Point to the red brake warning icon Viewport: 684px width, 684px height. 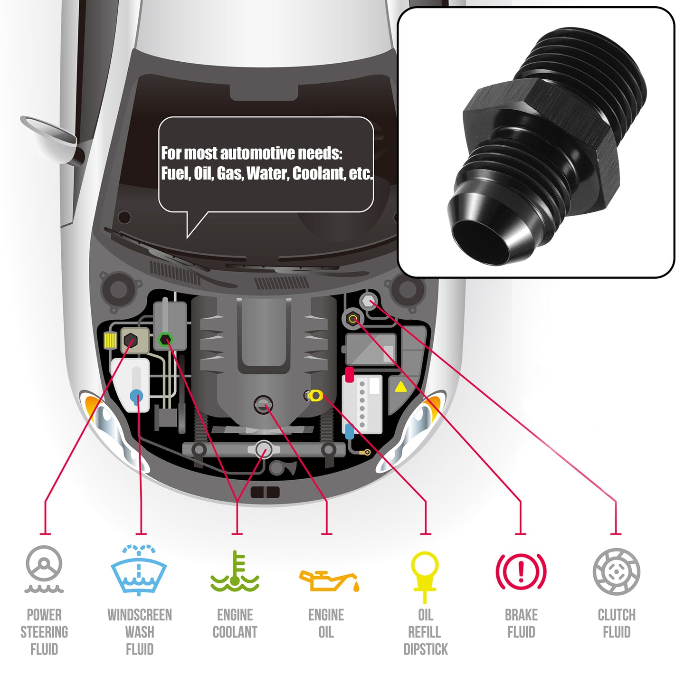point(521,571)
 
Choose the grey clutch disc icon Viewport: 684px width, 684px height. point(616,571)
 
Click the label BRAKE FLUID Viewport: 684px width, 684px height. point(521,624)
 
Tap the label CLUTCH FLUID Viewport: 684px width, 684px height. point(617,624)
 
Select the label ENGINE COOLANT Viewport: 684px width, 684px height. point(235,624)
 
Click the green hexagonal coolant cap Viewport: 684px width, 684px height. point(165,340)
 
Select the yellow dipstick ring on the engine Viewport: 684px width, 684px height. point(315,395)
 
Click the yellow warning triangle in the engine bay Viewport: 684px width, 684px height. point(400,387)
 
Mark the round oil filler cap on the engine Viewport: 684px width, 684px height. point(263,405)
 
